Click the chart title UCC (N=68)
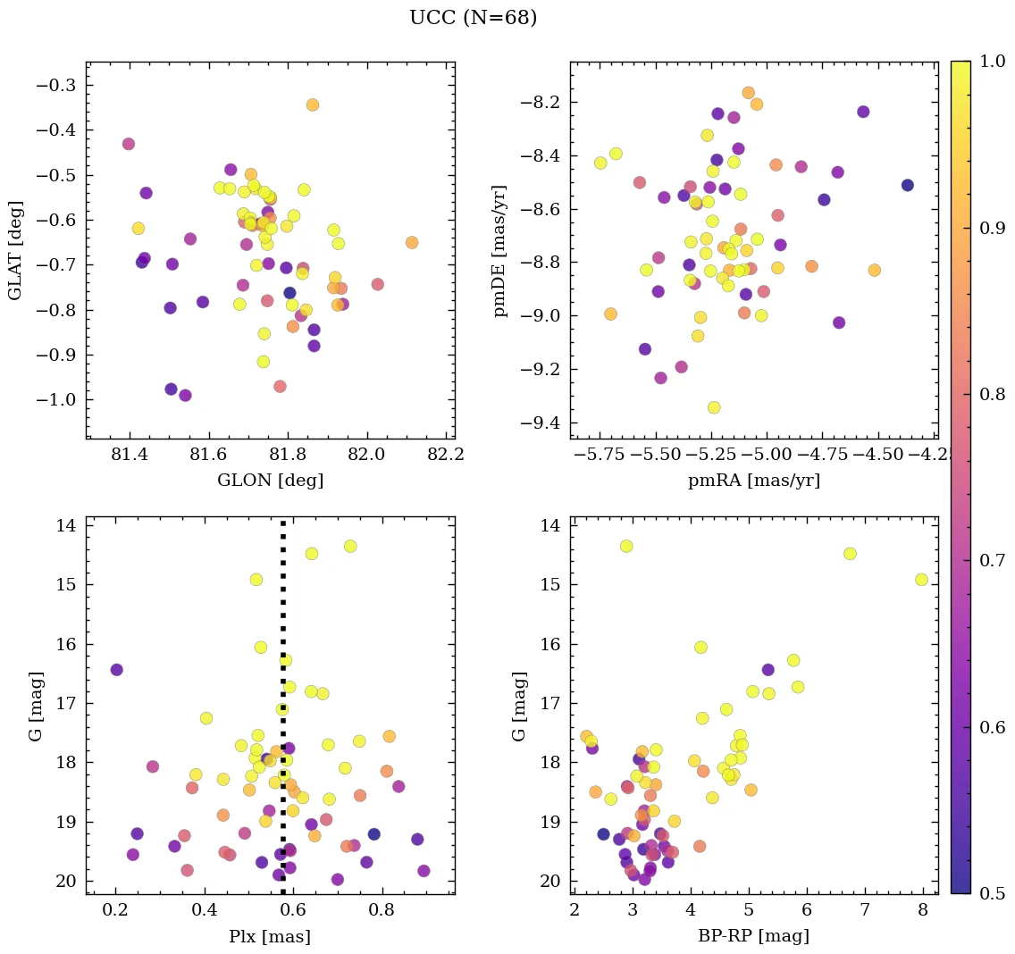point(473,18)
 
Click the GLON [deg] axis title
point(270,481)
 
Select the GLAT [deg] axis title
point(14,250)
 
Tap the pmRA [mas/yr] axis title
point(753,481)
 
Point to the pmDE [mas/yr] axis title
point(500,249)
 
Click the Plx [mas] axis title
point(270,936)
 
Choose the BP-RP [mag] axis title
point(753,936)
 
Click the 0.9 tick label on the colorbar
point(992,228)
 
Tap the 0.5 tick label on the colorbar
point(992,893)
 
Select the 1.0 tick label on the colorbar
point(992,62)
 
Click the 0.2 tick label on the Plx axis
point(115,911)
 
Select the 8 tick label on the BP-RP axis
point(922,911)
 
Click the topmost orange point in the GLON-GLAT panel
point(313,105)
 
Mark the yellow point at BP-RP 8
point(921,580)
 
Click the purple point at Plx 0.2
point(116,670)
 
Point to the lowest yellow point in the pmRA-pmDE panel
point(714,407)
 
